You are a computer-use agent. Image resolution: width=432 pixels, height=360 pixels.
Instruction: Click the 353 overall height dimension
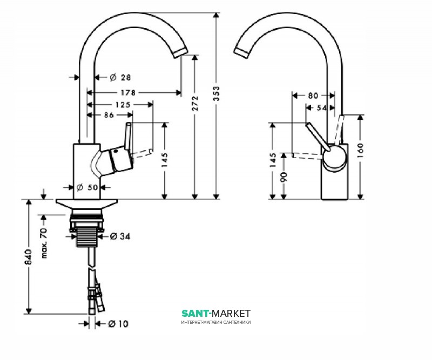pyautogui.click(x=217, y=94)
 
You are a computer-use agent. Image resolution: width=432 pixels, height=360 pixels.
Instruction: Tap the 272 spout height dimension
pyautogui.click(x=195, y=103)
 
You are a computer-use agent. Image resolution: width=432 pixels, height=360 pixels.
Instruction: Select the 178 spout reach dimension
pyautogui.click(x=128, y=92)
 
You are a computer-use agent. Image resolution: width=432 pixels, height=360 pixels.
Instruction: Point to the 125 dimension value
pyautogui.click(x=123, y=105)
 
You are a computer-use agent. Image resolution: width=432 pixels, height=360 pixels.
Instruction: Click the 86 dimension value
pyautogui.click(x=109, y=115)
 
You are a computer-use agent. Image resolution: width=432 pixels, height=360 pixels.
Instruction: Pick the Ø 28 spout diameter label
pyautogui.click(x=120, y=77)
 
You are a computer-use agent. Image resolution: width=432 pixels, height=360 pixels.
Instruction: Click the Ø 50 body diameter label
pyautogui.click(x=87, y=188)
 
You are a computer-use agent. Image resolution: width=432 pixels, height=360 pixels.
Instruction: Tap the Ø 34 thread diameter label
pyautogui.click(x=120, y=236)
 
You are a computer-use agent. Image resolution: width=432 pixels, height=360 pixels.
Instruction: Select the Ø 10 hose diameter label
pyautogui.click(x=118, y=324)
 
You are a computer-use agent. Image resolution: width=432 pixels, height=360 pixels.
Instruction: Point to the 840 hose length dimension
pyautogui.click(x=29, y=257)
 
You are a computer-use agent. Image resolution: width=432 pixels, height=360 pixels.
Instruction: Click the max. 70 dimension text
pyautogui.click(x=44, y=243)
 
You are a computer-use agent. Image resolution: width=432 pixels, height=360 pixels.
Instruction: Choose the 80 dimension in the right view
pyautogui.click(x=313, y=96)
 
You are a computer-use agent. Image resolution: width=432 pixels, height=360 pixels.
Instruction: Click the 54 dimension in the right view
pyautogui.click(x=321, y=108)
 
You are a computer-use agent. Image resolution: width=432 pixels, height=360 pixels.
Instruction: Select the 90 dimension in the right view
pyautogui.click(x=284, y=176)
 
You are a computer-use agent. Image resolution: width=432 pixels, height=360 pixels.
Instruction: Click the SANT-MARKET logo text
pyautogui.click(x=216, y=313)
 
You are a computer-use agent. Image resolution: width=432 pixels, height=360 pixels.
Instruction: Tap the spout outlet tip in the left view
pyautogui.click(x=180, y=52)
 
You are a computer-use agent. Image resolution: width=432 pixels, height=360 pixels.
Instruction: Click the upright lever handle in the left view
pyautogui.click(x=128, y=136)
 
